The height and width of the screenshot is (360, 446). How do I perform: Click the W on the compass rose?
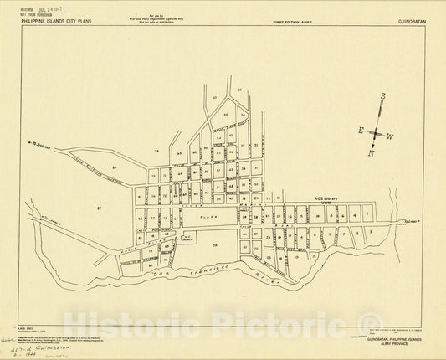click(390, 136)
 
